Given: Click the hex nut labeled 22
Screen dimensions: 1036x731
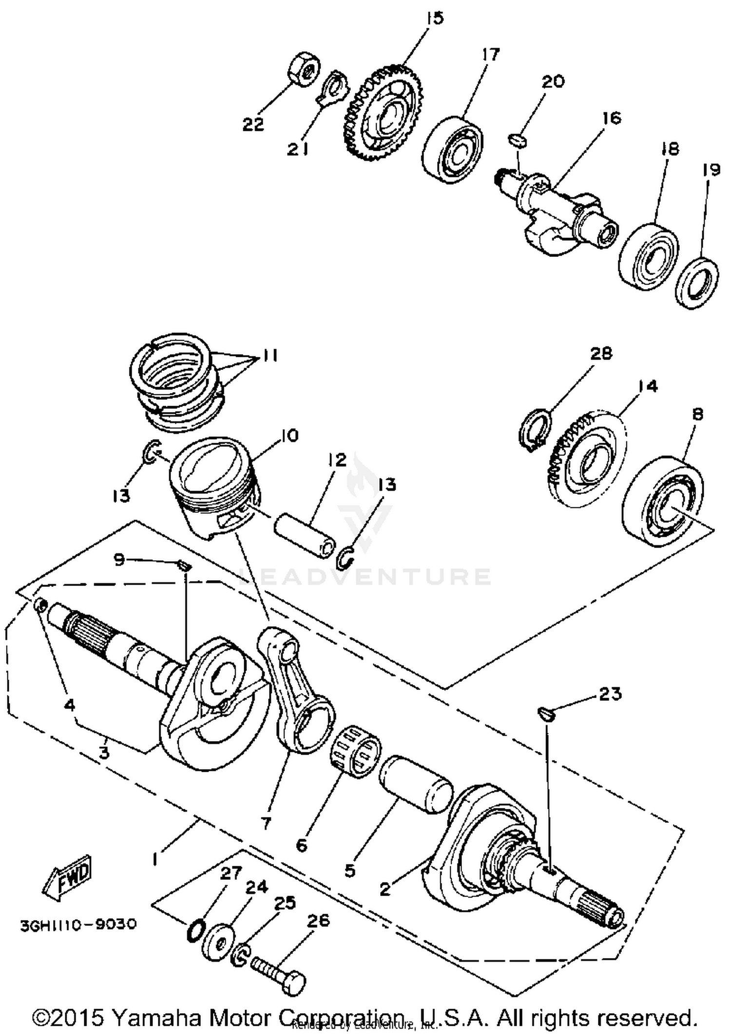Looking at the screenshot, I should click(x=304, y=68).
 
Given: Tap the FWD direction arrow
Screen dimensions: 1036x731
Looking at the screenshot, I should click(x=67, y=880).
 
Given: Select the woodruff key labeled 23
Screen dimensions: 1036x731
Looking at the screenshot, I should click(x=546, y=714).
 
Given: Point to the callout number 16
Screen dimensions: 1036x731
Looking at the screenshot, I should click(x=612, y=117).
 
